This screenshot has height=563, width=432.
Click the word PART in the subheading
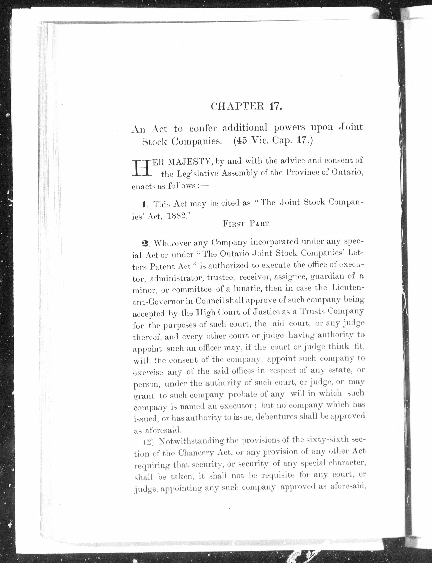[x=260, y=224]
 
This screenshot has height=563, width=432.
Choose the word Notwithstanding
[x=191, y=441]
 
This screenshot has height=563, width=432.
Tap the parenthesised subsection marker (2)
[x=148, y=442]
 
